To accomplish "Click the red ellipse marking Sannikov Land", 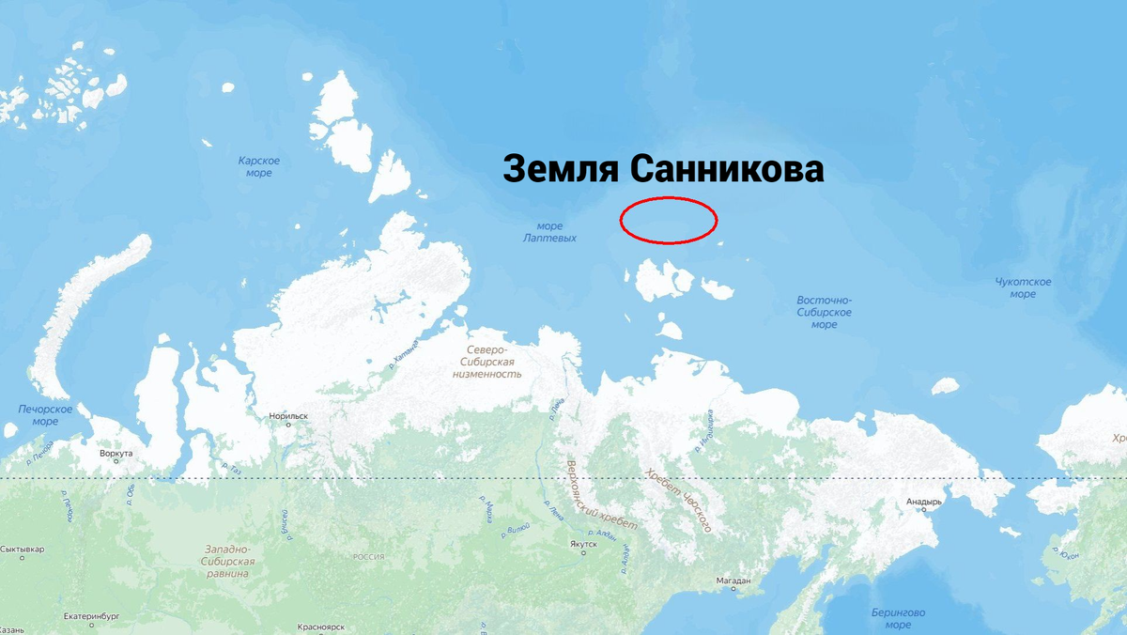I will click(x=669, y=220).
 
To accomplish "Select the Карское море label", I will click(x=258, y=167).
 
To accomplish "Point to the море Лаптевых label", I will click(x=549, y=232).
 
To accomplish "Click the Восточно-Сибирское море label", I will click(x=824, y=312).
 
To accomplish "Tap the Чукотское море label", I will click(x=1023, y=287).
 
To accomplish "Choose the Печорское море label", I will click(x=45, y=415).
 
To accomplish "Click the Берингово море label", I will click(x=898, y=618).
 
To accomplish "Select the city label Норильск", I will click(x=288, y=415).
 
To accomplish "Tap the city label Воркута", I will click(x=116, y=454).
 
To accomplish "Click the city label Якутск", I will click(x=583, y=544).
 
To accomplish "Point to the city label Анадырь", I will click(x=923, y=502).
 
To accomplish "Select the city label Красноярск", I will click(x=322, y=627).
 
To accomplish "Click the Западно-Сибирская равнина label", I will click(x=226, y=561).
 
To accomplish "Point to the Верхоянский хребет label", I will click(x=602, y=494).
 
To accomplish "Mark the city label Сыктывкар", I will click(x=23, y=549).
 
